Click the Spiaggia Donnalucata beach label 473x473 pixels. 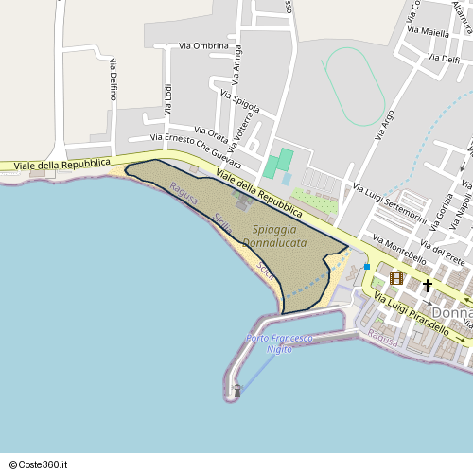tap(274, 236)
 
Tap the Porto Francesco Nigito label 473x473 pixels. tap(279, 344)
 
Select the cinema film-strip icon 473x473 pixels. tap(395, 278)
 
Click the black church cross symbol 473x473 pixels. tap(427, 284)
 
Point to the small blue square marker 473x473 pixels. tap(367, 267)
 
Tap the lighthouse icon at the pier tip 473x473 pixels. tap(236, 389)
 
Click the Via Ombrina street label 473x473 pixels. tap(204, 45)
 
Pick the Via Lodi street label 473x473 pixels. tap(168, 100)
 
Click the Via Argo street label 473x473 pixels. tap(386, 123)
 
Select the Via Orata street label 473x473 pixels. tap(210, 132)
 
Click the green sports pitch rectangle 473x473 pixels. tap(278, 162)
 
